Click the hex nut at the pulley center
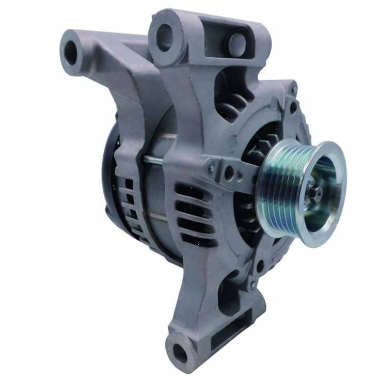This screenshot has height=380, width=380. coord(313,194)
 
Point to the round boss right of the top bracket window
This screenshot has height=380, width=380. coord(236,42)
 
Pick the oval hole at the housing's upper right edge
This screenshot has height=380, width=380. coord(293,107)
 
